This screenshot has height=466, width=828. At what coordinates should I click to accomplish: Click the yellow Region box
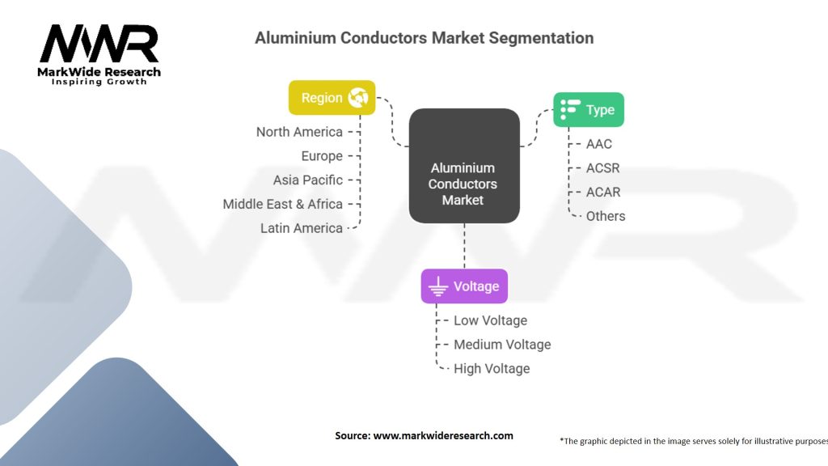tap(332, 98)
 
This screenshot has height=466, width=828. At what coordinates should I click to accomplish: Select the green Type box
tap(588, 110)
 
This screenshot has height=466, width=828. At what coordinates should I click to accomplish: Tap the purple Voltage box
tap(464, 286)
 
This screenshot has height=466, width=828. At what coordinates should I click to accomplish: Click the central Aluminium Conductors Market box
tap(463, 166)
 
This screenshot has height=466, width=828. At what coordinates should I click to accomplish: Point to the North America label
tap(299, 132)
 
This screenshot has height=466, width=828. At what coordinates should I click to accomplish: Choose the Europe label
tap(322, 156)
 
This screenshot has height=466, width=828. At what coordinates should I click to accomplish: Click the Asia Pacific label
tap(308, 180)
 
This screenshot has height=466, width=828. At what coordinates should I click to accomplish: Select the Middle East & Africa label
tap(283, 204)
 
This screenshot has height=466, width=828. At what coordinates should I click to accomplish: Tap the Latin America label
tap(302, 228)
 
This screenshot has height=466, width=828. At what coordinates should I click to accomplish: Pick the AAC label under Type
tap(600, 144)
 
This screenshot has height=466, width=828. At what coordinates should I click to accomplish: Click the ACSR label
tap(603, 168)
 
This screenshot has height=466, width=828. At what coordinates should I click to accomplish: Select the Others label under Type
tap(606, 216)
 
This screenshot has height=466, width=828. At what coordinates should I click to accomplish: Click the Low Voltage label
tap(490, 320)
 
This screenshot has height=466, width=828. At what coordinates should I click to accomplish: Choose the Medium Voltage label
tap(502, 345)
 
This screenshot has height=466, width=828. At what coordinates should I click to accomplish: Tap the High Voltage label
tap(492, 368)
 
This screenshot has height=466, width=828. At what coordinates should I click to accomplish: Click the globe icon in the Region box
tap(357, 98)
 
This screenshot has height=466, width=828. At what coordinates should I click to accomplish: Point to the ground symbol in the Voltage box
tap(438, 286)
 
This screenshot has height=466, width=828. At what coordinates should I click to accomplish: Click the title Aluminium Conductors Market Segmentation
tap(424, 38)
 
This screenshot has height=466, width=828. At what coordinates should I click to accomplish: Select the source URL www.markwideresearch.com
tap(443, 435)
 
